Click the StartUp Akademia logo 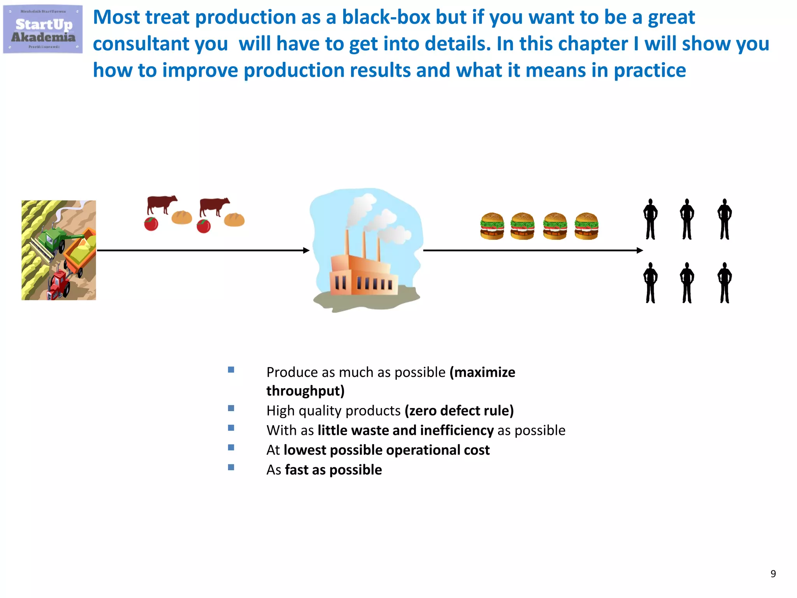tap(43, 29)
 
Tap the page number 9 tap(773, 573)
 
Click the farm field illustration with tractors tap(58, 250)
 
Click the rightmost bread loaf tap(234, 220)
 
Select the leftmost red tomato tap(151, 224)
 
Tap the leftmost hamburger tap(492, 226)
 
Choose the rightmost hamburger tap(586, 226)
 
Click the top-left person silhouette tap(650, 219)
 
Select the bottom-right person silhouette tap(724, 283)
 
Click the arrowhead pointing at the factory tap(306, 250)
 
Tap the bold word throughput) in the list tap(305, 391)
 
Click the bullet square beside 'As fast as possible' tap(231, 467)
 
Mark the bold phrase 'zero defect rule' tap(459, 411)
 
